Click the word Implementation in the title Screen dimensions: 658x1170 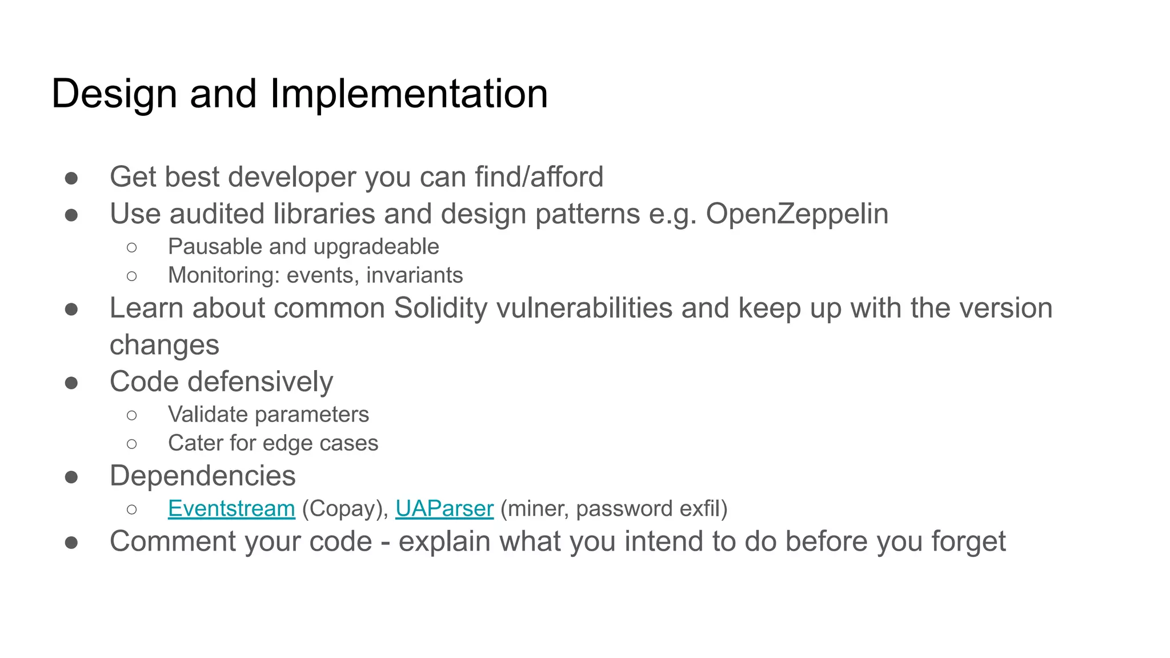point(408,94)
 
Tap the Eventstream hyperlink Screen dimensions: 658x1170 point(231,508)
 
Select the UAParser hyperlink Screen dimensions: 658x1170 point(444,508)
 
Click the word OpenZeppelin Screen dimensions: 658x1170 point(797,214)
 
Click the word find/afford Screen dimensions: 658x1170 point(539,177)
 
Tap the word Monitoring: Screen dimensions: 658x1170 point(223,275)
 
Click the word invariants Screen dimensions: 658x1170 point(414,275)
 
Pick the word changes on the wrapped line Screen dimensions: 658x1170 point(165,345)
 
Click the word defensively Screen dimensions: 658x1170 point(261,382)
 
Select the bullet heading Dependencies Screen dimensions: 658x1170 point(203,476)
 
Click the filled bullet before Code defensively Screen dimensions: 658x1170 point(71,382)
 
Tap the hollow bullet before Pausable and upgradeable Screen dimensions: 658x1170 point(132,247)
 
